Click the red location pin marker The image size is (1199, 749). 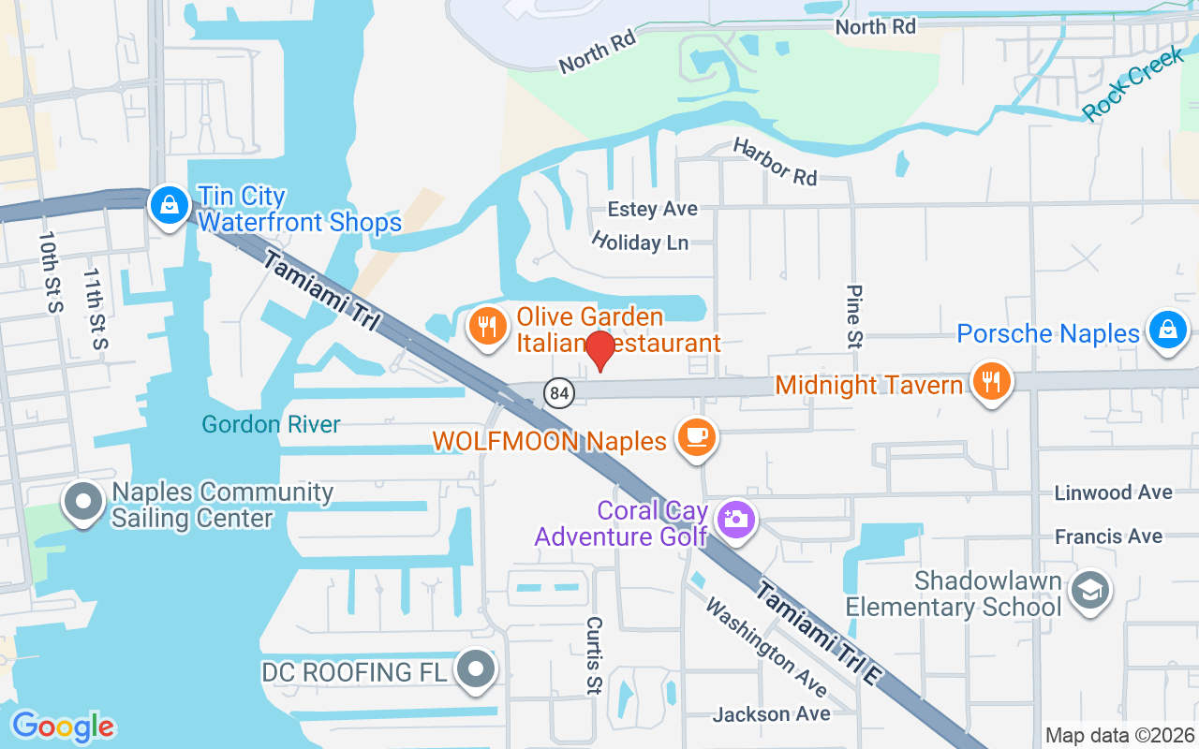pyautogui.click(x=599, y=351)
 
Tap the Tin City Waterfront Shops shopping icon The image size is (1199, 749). pyautogui.click(x=170, y=204)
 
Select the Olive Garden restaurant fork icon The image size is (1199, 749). pyautogui.click(x=485, y=327)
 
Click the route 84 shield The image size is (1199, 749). pyautogui.click(x=559, y=393)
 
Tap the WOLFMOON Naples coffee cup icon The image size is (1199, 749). pyautogui.click(x=697, y=436)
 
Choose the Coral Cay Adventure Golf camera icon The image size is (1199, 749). pyautogui.click(x=736, y=518)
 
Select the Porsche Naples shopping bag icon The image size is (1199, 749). pyautogui.click(x=1167, y=330)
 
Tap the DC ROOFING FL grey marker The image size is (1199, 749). pyautogui.click(x=476, y=668)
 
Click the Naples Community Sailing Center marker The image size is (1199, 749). pyautogui.click(x=83, y=501)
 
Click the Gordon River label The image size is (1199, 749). pyautogui.click(x=272, y=425)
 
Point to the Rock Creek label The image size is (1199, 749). pyautogui.click(x=1132, y=84)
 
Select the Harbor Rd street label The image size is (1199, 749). pyautogui.click(x=776, y=161)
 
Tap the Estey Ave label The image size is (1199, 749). pyautogui.click(x=653, y=209)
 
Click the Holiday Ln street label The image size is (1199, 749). pyautogui.click(x=640, y=242)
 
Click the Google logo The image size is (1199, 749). pyautogui.click(x=63, y=727)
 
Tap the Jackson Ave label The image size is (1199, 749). pyautogui.click(x=771, y=714)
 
